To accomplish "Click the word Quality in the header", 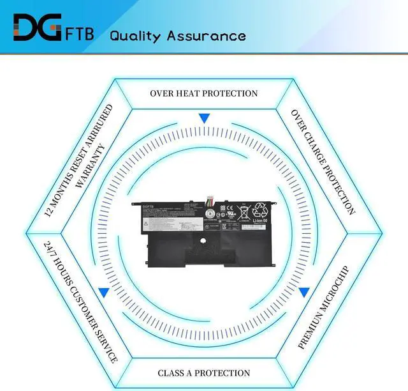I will point(136,35).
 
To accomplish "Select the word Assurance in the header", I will point(206,35).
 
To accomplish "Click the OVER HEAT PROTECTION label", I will point(204,93).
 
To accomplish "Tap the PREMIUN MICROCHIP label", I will point(324,307).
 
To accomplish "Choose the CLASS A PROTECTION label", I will point(204,372).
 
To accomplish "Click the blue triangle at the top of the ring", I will point(204,118).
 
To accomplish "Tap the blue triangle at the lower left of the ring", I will point(103,293).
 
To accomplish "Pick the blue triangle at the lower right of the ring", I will point(304,293).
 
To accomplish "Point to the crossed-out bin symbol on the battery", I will point(244,213).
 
